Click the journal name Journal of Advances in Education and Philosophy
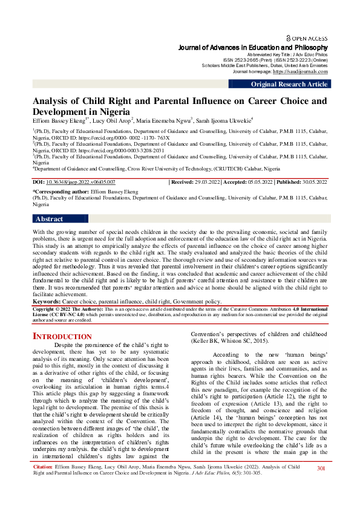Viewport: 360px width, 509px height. (253, 47)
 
